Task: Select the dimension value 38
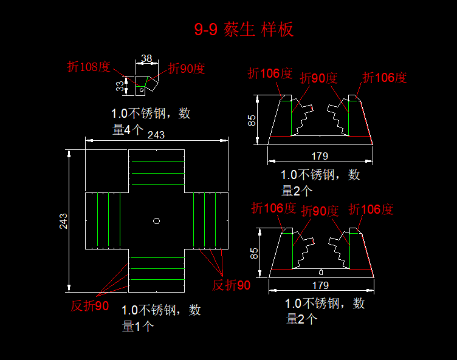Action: click(146, 58)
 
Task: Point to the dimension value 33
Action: click(120, 87)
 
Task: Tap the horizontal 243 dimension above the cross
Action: click(156, 135)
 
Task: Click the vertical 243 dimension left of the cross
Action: click(63, 220)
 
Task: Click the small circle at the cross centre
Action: click(156, 220)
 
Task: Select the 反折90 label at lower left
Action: click(90, 306)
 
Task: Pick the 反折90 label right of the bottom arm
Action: click(231, 285)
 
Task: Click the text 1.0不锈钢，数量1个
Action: click(161, 318)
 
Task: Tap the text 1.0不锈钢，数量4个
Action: click(151, 121)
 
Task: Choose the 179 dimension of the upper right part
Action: click(320, 156)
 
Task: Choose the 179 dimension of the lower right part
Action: click(320, 285)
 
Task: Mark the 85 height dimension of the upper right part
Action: click(252, 120)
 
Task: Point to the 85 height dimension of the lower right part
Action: click(255, 252)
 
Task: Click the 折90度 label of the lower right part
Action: click(320, 211)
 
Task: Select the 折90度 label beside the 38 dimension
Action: click(187, 68)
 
